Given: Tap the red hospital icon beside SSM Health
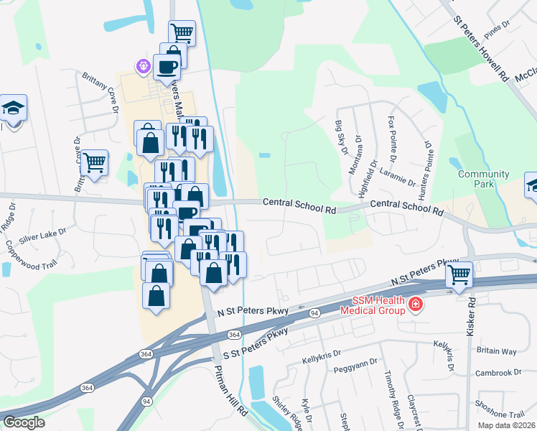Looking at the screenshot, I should [x=415, y=306].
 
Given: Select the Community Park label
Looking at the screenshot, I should [x=484, y=180].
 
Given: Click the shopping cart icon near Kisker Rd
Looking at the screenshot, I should [x=459, y=273].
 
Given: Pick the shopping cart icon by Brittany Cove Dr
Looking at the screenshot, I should [x=95, y=162].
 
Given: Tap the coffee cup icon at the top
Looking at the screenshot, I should [x=167, y=68].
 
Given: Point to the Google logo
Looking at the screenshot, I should [x=24, y=422].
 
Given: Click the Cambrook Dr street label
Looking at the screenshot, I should [x=498, y=373].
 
